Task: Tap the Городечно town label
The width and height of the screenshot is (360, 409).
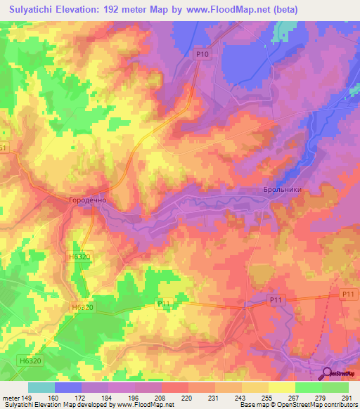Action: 86,200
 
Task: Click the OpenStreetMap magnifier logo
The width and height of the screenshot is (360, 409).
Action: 328,373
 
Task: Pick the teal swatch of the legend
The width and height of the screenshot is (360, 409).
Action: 41,387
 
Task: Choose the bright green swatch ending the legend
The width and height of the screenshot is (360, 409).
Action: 335,387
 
